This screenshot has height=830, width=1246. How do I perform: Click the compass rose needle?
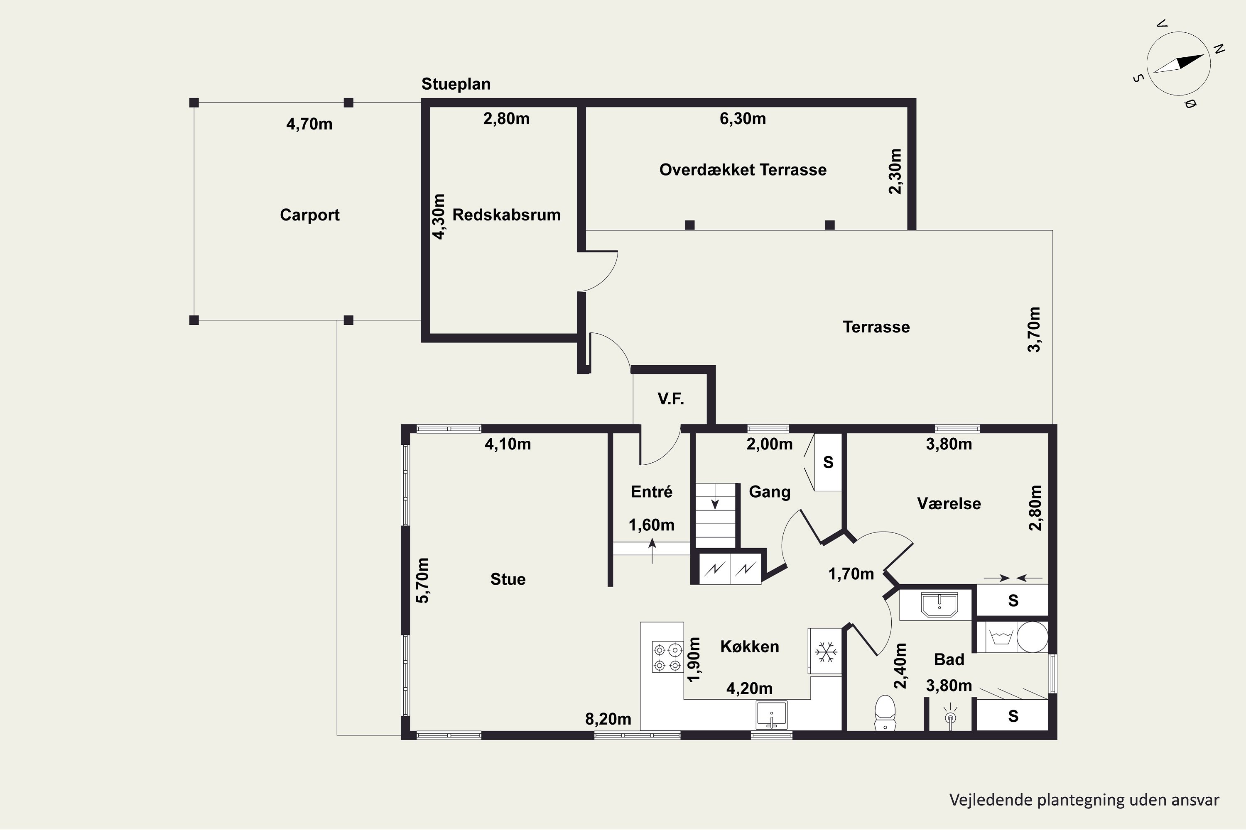tap(1178, 64)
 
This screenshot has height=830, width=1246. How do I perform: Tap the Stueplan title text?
tap(456, 84)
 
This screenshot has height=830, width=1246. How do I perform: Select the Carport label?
tap(309, 215)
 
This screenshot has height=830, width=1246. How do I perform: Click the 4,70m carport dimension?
tap(309, 124)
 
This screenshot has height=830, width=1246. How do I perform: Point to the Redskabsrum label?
tap(506, 215)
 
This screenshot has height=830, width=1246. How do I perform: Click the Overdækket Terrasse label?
tap(743, 169)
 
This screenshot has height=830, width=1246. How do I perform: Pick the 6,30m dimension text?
tap(743, 119)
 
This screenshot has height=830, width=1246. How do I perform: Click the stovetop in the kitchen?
tap(667, 657)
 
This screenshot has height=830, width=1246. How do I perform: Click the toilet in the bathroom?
tap(885, 713)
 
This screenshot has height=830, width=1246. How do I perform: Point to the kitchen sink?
tap(772, 715)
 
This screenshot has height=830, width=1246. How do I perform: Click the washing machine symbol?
tap(1001, 636)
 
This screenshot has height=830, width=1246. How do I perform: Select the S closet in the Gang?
tap(828, 462)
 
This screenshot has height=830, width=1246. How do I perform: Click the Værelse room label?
tap(949, 503)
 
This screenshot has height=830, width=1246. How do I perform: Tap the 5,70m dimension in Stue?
tap(423, 580)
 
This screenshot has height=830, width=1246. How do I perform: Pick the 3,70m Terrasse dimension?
tap(1034, 329)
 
